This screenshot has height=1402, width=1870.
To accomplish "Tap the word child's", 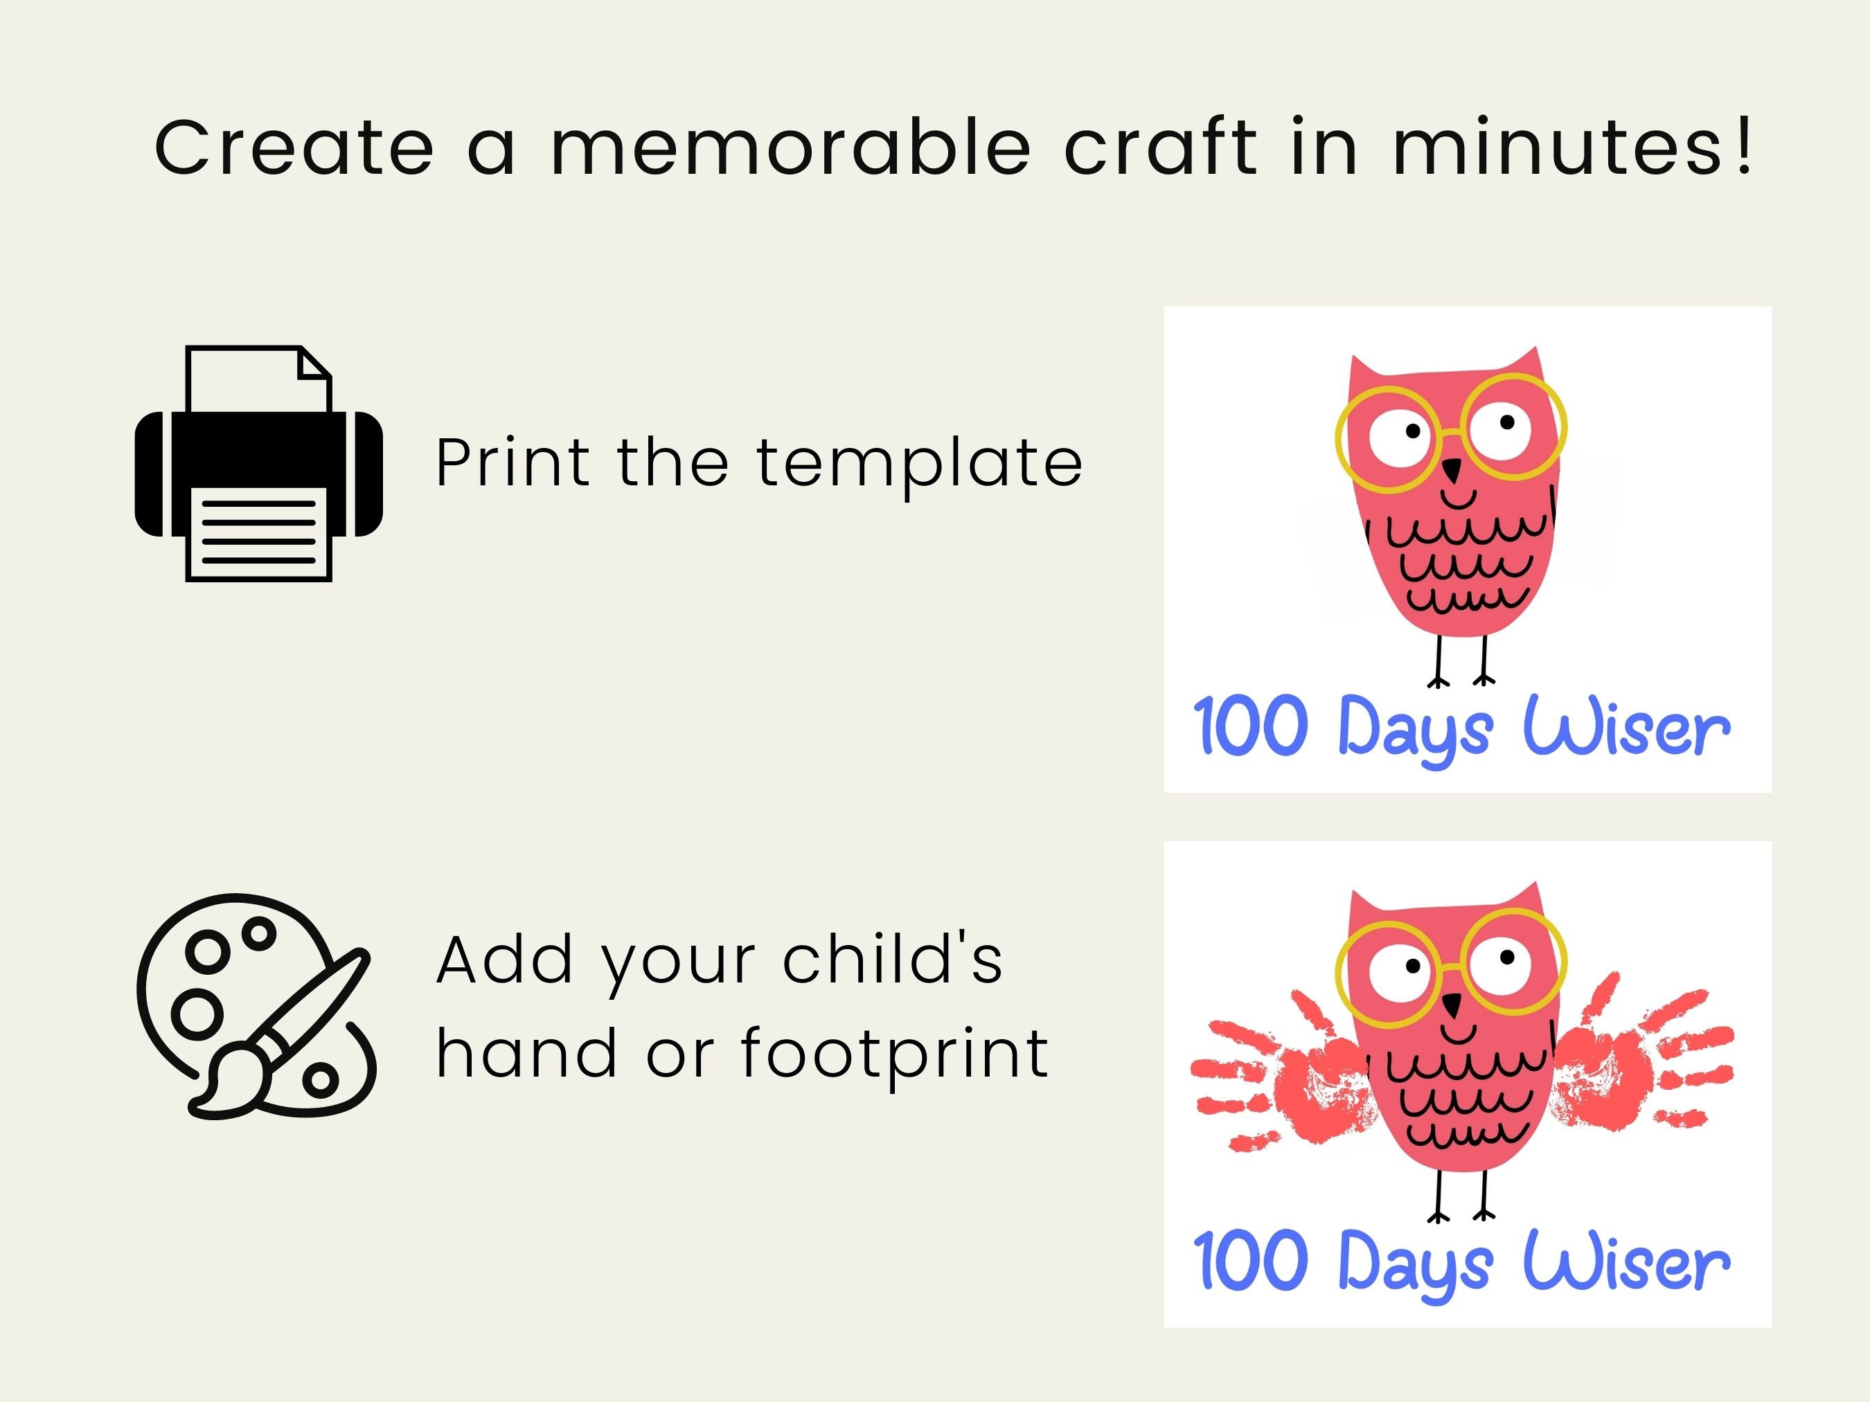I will coord(892,960).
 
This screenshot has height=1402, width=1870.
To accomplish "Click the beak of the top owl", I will coord(1452,469).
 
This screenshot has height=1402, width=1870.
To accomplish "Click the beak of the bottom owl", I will coord(1452,1005).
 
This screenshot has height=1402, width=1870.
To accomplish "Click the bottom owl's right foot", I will coord(1483,1214).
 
